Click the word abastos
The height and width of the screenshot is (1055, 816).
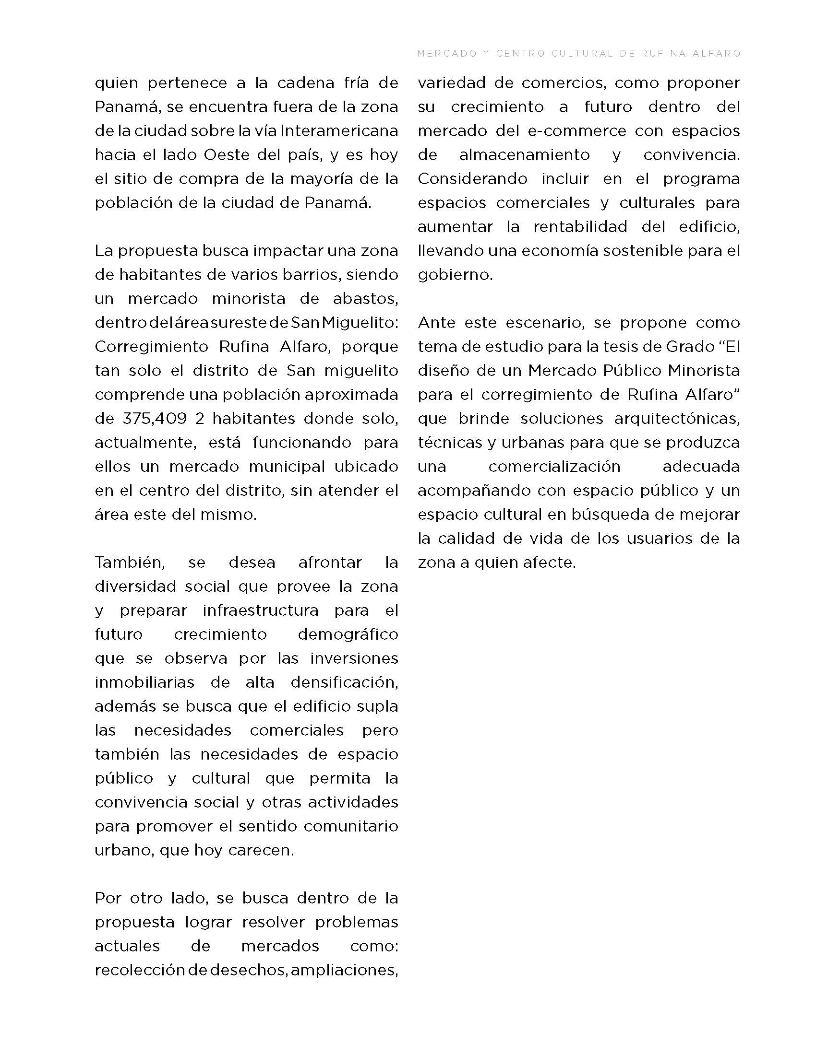[365, 299]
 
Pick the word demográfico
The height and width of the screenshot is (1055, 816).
[348, 634]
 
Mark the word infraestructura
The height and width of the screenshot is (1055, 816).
[261, 610]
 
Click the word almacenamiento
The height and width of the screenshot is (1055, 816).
[524, 155]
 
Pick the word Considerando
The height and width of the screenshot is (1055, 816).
[472, 179]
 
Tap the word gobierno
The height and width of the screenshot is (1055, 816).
[455, 275]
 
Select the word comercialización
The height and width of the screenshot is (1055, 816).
[554, 467]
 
